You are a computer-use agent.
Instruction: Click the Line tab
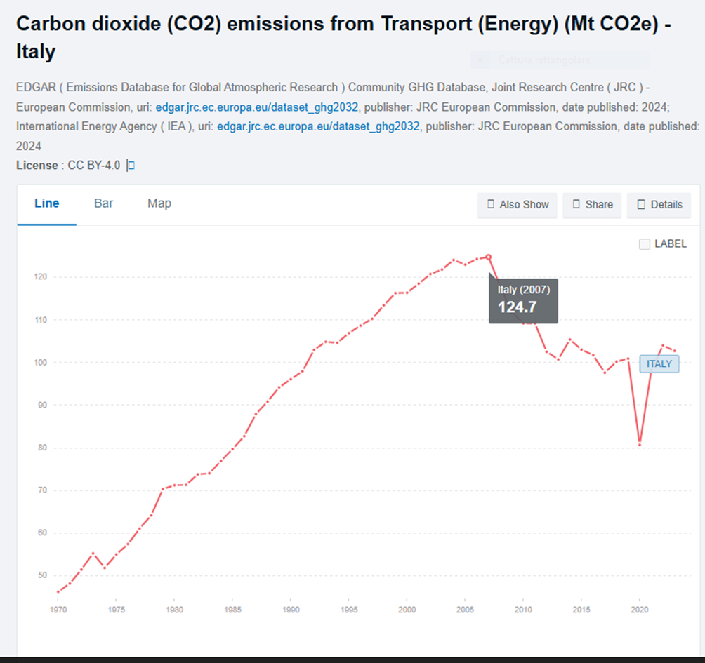47,203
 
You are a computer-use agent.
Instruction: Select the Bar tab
104,203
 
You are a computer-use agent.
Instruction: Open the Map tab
159,203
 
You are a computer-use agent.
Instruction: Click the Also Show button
518,205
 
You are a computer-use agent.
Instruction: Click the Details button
659,205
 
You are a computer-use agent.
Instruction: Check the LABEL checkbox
645,244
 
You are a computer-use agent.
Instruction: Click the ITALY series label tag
659,364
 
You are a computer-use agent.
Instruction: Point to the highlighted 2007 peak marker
489,257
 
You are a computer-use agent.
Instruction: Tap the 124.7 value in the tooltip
517,307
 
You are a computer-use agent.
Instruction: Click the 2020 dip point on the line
640,444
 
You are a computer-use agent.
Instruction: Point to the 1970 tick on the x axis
58,610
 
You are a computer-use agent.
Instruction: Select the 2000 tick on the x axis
407,610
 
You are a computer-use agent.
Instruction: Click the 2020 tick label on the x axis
640,610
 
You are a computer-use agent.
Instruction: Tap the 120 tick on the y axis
40,277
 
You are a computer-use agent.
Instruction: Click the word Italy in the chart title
36,52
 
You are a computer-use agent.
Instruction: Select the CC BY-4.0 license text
94,166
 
